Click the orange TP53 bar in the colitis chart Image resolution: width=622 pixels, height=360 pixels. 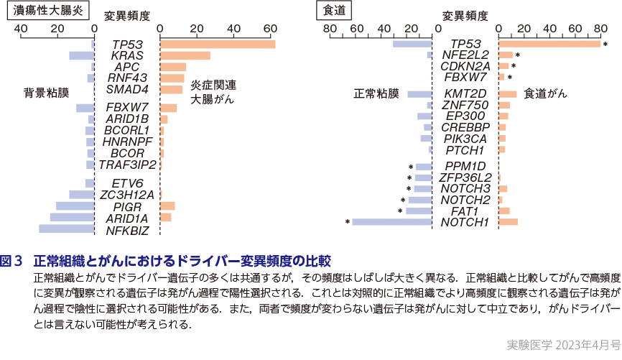pos(217,45)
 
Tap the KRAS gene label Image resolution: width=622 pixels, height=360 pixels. pos(127,56)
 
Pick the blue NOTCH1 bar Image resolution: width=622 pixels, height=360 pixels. pos(392,222)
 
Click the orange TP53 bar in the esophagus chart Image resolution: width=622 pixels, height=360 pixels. pos(549,45)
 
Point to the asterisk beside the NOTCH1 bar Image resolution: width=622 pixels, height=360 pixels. pos(348,222)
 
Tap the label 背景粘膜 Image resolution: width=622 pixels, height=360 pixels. pos(47,93)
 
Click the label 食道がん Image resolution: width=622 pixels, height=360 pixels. pos(545,93)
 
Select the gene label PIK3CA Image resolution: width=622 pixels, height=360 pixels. pos(465,138)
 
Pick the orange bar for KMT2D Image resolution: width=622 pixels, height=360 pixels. pos(507,94)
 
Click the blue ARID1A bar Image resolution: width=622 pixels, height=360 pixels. pos(72,217)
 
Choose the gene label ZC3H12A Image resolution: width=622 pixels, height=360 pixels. pos(127,195)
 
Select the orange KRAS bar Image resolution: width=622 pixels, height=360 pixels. pos(185,56)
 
